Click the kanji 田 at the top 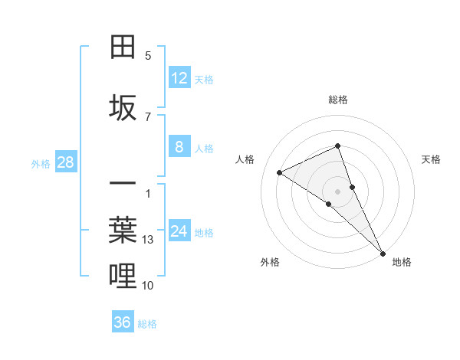(x=123, y=47)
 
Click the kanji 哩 (x=123, y=276)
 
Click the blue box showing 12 (x=179, y=78)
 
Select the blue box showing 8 (x=179, y=148)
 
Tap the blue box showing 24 (x=179, y=232)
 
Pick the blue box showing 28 (x=65, y=162)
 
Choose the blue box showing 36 (x=122, y=322)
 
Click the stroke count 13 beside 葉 (x=149, y=240)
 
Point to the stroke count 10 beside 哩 (x=148, y=286)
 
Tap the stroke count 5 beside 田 (x=148, y=56)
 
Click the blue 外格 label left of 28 (x=41, y=163)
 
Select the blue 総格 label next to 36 (x=147, y=323)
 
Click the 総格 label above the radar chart (x=338, y=100)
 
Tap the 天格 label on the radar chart (x=431, y=159)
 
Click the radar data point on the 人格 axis (x=280, y=172)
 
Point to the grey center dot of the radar (x=338, y=191)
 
